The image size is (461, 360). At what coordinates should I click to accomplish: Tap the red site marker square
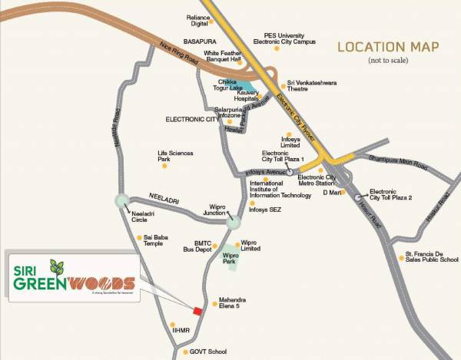[197, 310]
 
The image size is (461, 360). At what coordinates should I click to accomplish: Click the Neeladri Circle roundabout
[121, 201]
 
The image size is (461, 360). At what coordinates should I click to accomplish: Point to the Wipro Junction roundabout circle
[234, 223]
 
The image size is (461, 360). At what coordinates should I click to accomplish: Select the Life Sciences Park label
[174, 157]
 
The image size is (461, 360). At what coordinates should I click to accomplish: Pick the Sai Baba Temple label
[160, 241]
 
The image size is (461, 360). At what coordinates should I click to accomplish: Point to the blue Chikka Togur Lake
[243, 87]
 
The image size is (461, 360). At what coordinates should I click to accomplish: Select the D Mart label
[331, 192]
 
